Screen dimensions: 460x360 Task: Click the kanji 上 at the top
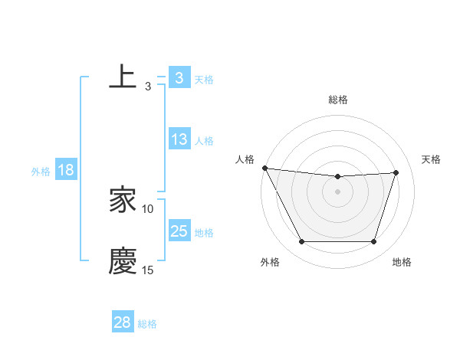(x=123, y=77)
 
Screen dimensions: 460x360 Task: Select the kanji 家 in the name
(x=123, y=201)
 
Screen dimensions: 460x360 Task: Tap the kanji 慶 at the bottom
(x=123, y=261)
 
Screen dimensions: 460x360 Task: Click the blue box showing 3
(x=179, y=78)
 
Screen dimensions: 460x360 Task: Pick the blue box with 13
(x=179, y=140)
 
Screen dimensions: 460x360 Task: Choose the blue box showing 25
(x=179, y=231)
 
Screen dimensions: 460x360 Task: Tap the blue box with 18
(x=66, y=171)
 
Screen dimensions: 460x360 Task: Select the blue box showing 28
(x=123, y=322)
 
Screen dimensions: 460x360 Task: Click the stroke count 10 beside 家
(x=148, y=208)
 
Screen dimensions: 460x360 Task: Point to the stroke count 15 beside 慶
(x=148, y=270)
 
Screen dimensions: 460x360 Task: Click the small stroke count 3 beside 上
(x=148, y=86)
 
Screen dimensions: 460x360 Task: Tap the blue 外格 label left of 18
(x=41, y=172)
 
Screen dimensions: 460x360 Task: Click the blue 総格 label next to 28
(x=147, y=324)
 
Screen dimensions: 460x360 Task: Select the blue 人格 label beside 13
(x=204, y=141)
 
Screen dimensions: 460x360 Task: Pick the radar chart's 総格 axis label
(x=338, y=100)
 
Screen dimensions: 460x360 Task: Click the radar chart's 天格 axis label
(x=432, y=159)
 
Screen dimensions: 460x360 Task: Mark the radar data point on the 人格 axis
(x=264, y=168)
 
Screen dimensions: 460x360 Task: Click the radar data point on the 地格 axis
(x=374, y=242)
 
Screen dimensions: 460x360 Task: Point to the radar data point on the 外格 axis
(x=301, y=242)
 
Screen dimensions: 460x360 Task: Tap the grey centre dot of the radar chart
(x=338, y=191)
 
